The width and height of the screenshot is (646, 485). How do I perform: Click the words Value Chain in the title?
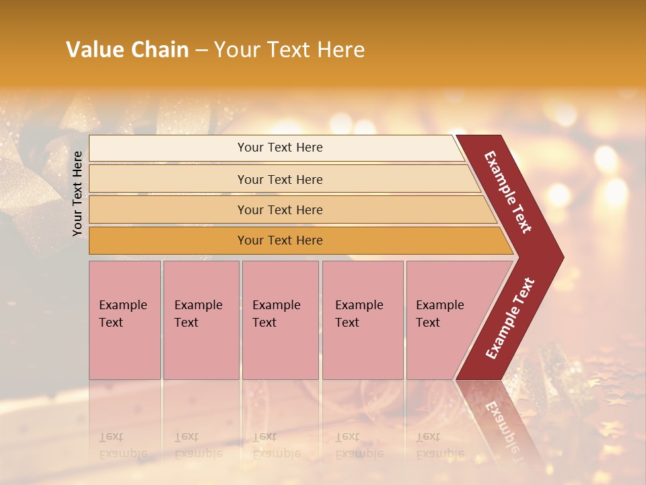(x=127, y=50)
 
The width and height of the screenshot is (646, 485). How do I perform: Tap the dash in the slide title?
(x=201, y=51)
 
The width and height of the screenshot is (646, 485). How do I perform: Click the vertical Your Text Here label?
(x=77, y=193)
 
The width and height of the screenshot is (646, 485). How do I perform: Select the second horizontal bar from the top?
(x=280, y=179)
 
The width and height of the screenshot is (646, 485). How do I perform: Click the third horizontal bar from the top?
(x=280, y=209)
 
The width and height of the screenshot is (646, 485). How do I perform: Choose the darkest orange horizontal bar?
(x=280, y=240)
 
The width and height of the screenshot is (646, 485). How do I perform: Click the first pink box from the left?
(x=124, y=320)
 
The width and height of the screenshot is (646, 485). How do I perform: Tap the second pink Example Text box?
(x=201, y=320)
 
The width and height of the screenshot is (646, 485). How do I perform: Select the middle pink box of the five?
(x=280, y=320)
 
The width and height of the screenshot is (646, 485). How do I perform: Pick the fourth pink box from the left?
(x=362, y=320)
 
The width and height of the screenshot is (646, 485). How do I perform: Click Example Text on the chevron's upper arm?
(x=508, y=192)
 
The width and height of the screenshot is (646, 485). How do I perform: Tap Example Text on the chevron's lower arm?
(x=510, y=318)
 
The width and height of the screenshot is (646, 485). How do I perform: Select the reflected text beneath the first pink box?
(x=122, y=445)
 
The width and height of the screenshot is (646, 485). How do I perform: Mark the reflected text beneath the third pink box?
(x=276, y=445)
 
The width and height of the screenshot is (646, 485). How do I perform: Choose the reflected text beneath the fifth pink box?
(x=439, y=445)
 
